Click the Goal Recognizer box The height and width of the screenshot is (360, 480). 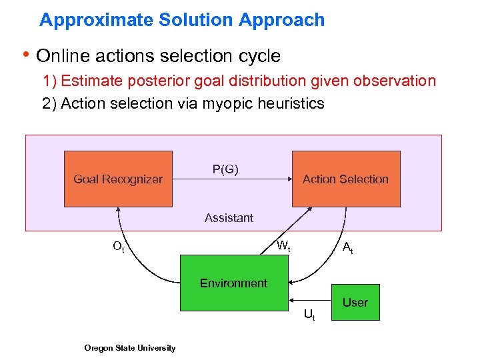click(118, 179)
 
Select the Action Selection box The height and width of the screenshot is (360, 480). click(345, 179)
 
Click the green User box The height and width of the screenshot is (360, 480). click(355, 303)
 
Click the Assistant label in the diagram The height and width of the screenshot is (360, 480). click(229, 218)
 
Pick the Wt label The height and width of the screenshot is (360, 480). click(283, 246)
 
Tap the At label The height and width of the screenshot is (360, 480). click(347, 248)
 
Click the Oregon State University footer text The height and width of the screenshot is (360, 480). click(130, 347)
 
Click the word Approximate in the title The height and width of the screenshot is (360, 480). click(96, 20)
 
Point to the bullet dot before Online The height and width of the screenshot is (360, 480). click(27, 55)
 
